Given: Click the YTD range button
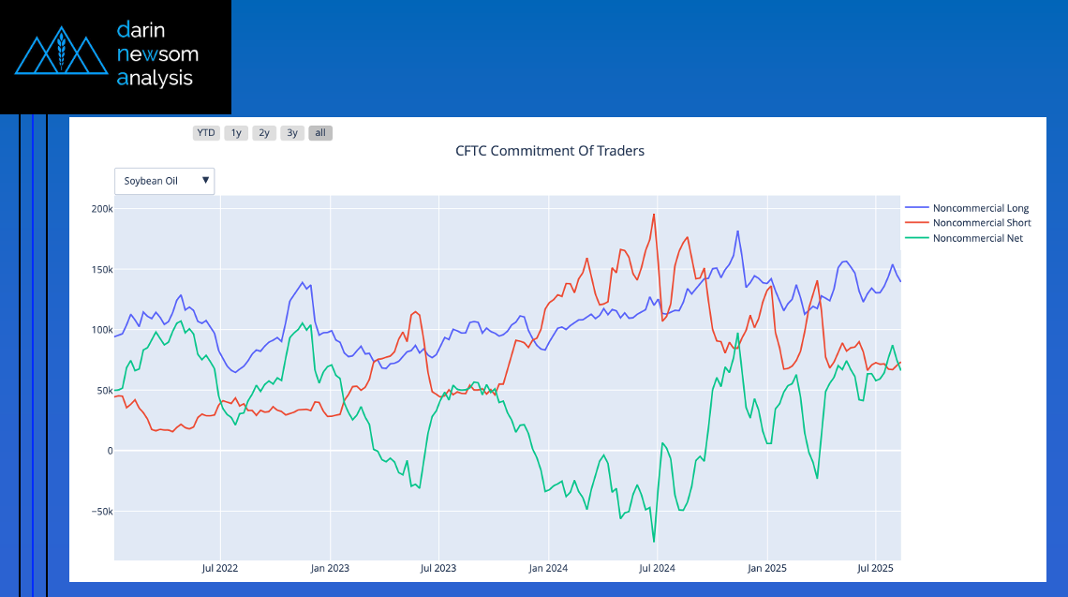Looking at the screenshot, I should (x=206, y=133).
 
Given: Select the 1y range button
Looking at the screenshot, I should (x=236, y=133).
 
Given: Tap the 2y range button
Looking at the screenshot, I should (x=264, y=133).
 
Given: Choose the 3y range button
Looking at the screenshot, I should (x=292, y=133).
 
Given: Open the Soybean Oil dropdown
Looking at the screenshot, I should (x=164, y=181).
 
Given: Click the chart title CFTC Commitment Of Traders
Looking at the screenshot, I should (x=550, y=150).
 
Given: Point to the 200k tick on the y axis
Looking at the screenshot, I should (x=101, y=209).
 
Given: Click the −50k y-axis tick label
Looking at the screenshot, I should (x=99, y=512).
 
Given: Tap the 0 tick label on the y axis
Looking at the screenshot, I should (x=109, y=451).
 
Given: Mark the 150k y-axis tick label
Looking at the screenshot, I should (x=101, y=270).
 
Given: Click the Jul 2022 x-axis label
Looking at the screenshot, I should (x=220, y=568).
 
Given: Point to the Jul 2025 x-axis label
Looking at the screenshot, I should (x=874, y=568).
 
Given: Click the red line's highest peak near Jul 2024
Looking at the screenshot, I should (x=654, y=215).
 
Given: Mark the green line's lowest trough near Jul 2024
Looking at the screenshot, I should (x=654, y=542).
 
